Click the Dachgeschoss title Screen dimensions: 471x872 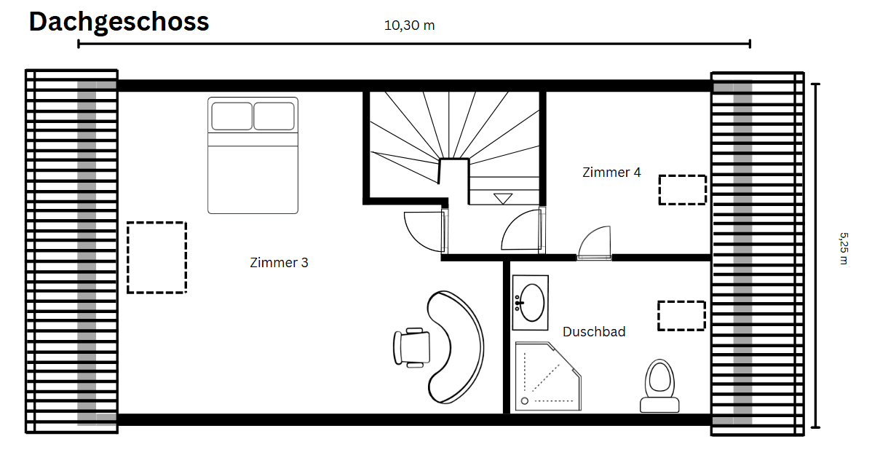click(119, 22)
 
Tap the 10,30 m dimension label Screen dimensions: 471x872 click(409, 25)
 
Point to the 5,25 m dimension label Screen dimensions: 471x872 click(843, 248)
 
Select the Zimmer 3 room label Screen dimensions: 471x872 click(279, 263)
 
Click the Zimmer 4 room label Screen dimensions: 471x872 click(611, 173)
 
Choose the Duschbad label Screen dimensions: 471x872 click(594, 332)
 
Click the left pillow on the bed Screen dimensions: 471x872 click(231, 116)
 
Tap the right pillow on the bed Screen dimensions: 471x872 click(274, 116)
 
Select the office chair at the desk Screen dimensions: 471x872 click(411, 347)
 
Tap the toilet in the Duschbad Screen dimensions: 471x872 click(659, 386)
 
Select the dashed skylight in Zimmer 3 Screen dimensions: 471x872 click(156, 258)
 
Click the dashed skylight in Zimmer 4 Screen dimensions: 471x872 click(682, 190)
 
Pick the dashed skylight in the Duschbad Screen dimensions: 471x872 click(681, 316)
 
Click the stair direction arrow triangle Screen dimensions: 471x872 click(503, 198)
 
